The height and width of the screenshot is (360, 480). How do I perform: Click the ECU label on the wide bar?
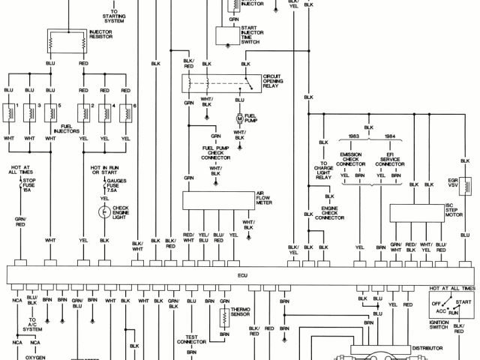(x=242, y=275)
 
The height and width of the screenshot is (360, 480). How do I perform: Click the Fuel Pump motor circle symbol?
(x=240, y=119)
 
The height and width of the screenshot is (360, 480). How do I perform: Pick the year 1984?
(x=389, y=137)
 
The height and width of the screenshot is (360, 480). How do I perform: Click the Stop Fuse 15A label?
(x=29, y=185)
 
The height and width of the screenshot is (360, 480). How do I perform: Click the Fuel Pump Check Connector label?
(x=216, y=153)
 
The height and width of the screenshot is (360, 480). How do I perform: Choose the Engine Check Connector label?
(x=333, y=211)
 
